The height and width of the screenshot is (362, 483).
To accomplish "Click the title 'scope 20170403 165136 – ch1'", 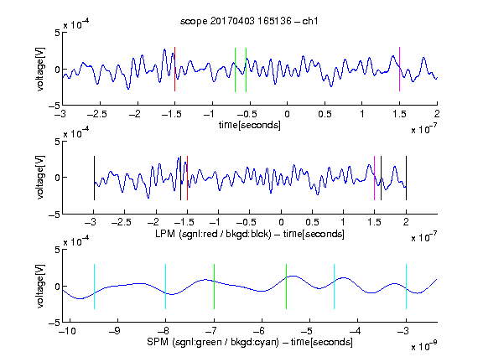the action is tap(249, 21).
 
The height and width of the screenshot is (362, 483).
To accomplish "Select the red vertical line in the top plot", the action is tap(175, 70).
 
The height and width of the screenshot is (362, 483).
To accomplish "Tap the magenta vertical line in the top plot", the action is tap(399, 70).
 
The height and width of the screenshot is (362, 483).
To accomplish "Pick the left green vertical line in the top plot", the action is tap(235, 70).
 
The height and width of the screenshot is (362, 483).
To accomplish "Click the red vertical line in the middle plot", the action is tap(187, 178).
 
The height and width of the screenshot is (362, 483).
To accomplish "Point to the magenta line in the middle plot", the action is tap(374, 178).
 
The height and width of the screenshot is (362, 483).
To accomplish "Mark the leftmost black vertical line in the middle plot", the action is tap(94, 178).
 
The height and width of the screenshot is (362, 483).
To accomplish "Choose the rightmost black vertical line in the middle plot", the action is tap(406, 178).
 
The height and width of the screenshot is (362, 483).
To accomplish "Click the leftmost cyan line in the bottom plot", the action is tap(94, 287).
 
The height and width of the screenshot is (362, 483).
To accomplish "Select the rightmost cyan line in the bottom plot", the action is tap(406, 287).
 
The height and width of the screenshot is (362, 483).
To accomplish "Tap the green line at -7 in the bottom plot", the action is tap(214, 287).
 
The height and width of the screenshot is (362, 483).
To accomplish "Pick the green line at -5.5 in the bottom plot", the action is tap(286, 287).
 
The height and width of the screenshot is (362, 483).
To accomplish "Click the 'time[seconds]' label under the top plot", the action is tap(250, 125).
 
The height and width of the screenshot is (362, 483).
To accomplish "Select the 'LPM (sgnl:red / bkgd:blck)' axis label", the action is tap(213, 234).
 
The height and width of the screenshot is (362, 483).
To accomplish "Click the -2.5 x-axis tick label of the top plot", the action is tap(97, 114).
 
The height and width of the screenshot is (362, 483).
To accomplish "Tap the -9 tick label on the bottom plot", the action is tap(115, 331).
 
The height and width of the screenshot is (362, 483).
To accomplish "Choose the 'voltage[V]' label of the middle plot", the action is tap(40, 178).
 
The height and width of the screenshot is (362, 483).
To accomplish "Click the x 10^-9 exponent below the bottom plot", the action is tap(424, 346).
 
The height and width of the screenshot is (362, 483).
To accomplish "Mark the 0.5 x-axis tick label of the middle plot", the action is tap(312, 222).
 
